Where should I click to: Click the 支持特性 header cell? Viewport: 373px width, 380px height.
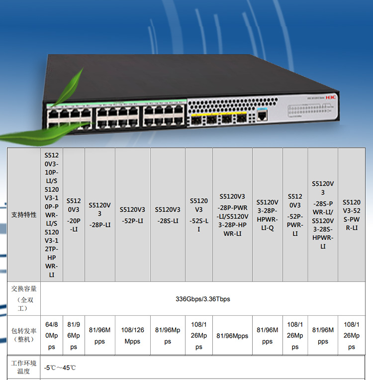24,215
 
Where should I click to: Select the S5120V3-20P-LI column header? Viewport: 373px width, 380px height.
74,215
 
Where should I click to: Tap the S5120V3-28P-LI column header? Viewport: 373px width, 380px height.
99,215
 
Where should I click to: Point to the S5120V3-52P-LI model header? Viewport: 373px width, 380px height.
132,215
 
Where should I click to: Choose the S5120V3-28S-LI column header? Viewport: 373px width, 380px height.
167,215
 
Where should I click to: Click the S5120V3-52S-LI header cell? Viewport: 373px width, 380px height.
198,215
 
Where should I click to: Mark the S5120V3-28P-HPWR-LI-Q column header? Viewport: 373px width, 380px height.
267,215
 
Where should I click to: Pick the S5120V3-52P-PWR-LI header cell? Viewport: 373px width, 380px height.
295,215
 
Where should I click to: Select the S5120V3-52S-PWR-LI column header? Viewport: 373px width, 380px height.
352,215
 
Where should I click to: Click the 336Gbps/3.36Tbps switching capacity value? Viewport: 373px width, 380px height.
203,299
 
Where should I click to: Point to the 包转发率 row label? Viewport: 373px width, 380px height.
24,335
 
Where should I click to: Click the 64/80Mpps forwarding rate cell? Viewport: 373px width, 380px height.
52,336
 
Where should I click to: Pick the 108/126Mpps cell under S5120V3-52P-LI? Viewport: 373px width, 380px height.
132,336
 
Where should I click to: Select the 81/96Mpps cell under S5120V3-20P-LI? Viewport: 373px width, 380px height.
74,336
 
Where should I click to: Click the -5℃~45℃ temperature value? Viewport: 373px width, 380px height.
60,368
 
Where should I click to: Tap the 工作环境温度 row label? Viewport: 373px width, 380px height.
24,367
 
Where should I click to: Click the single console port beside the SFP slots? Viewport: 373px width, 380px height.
262,116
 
